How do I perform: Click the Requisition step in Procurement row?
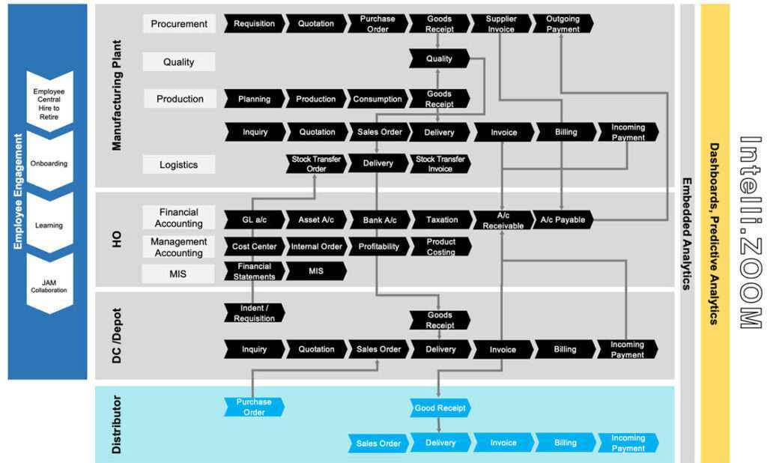[x=254, y=24]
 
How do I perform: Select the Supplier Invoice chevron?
[x=501, y=24]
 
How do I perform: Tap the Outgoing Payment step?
[x=563, y=24]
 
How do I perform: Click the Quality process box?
[x=439, y=58]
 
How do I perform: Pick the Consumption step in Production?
[x=378, y=99]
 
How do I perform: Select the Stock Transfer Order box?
[x=316, y=164]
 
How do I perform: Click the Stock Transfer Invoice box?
[x=440, y=164]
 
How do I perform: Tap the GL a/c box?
[x=254, y=220]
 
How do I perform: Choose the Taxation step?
[x=442, y=220]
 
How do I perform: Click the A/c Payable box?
[x=563, y=220]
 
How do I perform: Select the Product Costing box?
[x=441, y=246]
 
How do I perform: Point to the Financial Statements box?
[x=254, y=271]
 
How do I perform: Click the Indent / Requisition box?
[x=255, y=313]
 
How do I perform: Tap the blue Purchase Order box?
[x=254, y=407]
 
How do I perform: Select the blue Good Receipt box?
[x=440, y=408]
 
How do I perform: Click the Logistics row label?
[x=179, y=164]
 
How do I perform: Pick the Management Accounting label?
[x=179, y=247]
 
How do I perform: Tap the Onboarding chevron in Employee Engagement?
[x=49, y=163]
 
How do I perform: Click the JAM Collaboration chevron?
[x=49, y=285]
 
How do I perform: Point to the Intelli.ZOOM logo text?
[x=749, y=232]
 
